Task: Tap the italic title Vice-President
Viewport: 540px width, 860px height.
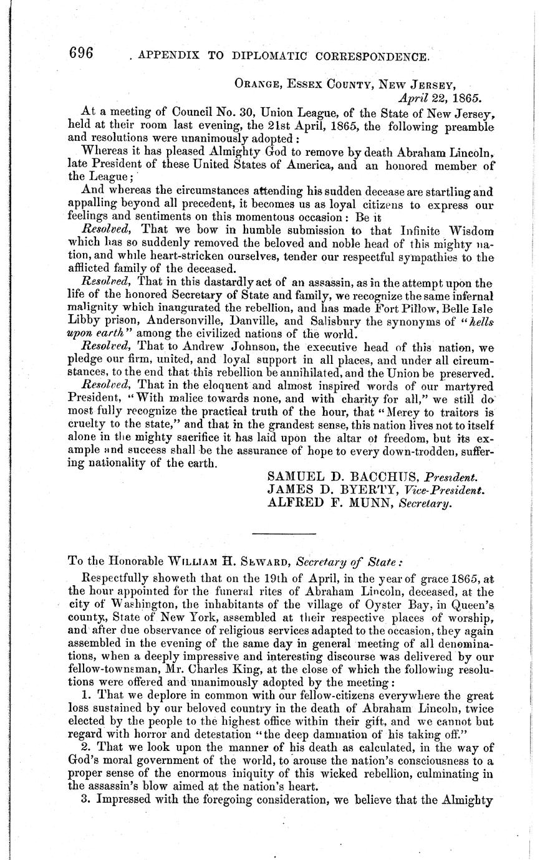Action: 458,490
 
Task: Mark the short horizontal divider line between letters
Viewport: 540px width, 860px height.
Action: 285,533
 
